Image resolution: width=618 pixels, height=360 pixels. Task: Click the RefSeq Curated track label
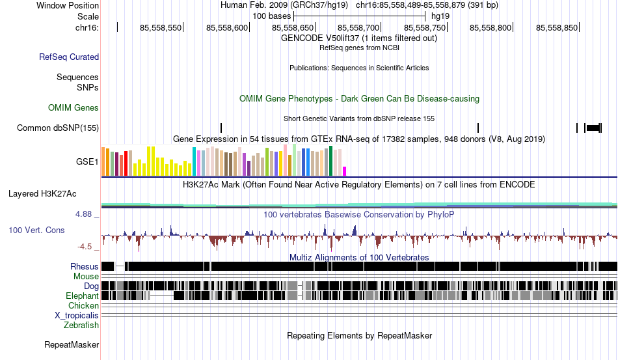[69, 57]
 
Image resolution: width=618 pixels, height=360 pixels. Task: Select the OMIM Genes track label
[74, 107]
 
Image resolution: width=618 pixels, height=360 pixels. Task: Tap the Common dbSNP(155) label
[58, 128]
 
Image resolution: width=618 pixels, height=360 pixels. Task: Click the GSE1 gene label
[87, 161]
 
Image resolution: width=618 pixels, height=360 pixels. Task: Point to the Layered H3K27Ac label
[42, 193]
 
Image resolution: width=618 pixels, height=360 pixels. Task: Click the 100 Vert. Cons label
[36, 230]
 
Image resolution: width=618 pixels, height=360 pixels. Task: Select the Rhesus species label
[85, 266]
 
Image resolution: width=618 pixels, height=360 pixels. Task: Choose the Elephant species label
[83, 296]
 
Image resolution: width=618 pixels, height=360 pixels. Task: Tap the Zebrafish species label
[81, 325]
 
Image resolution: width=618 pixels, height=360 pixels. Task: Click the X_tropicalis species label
[77, 316]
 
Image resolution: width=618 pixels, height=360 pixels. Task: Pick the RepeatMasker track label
[72, 344]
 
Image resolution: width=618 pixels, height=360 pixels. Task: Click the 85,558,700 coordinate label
[358, 27]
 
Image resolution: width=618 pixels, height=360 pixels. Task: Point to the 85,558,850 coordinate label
[556, 27]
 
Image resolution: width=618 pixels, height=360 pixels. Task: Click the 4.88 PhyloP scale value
[83, 214]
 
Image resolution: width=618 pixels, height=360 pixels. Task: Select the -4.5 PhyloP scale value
[85, 247]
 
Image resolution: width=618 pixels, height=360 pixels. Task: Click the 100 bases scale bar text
[271, 16]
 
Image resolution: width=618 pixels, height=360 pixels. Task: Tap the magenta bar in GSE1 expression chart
[345, 171]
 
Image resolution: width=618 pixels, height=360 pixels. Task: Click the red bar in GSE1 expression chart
[126, 163]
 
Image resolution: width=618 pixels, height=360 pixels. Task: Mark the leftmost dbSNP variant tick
[221, 128]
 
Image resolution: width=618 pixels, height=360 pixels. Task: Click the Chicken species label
[83, 305]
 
